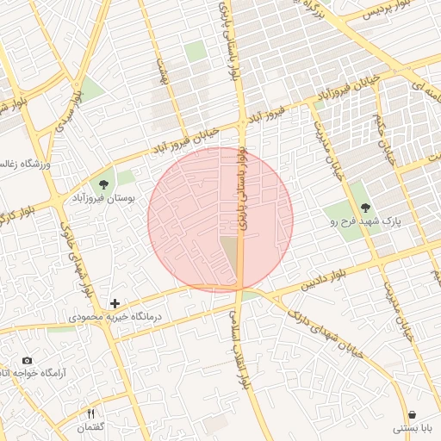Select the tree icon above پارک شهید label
coord(365,207)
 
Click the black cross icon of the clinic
coord(115,303)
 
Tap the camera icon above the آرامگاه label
coord(27,360)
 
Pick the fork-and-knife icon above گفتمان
coord(91,414)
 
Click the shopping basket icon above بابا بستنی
coord(412,414)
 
